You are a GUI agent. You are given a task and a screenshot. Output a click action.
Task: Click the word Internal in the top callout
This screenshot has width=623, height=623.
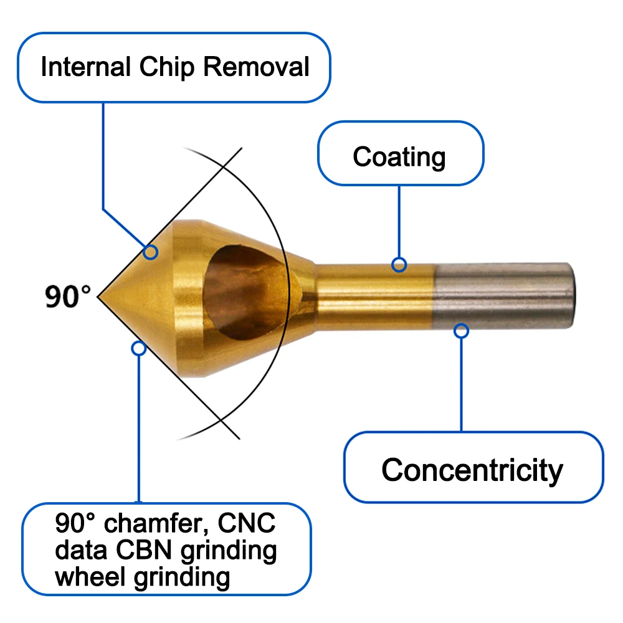tap(86, 66)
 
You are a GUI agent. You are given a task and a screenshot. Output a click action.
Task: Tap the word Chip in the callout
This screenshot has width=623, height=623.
tap(167, 67)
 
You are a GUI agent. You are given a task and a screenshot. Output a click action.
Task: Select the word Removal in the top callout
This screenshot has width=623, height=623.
tap(256, 66)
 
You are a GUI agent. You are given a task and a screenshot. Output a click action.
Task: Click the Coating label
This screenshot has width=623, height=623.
tap(399, 158)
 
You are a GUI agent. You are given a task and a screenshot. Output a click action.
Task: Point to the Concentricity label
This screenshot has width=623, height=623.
tap(472, 471)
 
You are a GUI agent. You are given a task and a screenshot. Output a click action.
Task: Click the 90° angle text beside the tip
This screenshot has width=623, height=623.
tap(67, 297)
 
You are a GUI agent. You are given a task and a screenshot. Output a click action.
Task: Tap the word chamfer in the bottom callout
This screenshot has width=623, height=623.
tap(156, 523)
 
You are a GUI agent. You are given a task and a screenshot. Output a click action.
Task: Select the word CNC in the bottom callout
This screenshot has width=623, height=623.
tap(246, 523)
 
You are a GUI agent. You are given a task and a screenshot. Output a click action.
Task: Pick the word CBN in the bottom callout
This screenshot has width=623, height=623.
tap(144, 550)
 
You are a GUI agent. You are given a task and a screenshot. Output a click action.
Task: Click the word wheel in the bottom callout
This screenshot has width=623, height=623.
tap(90, 576)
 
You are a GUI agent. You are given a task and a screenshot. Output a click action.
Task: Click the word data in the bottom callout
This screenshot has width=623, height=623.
tap(81, 550)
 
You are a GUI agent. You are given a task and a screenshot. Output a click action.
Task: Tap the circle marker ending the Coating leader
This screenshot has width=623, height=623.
tap(399, 265)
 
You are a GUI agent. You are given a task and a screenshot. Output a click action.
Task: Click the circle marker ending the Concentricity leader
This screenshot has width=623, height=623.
tap(461, 331)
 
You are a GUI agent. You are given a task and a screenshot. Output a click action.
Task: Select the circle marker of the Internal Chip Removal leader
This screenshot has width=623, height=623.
tap(151, 252)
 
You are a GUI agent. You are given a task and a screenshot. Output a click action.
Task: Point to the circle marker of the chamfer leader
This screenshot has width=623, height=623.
tap(139, 348)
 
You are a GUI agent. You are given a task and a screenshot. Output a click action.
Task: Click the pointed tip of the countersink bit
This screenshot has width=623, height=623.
tap(98, 297)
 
